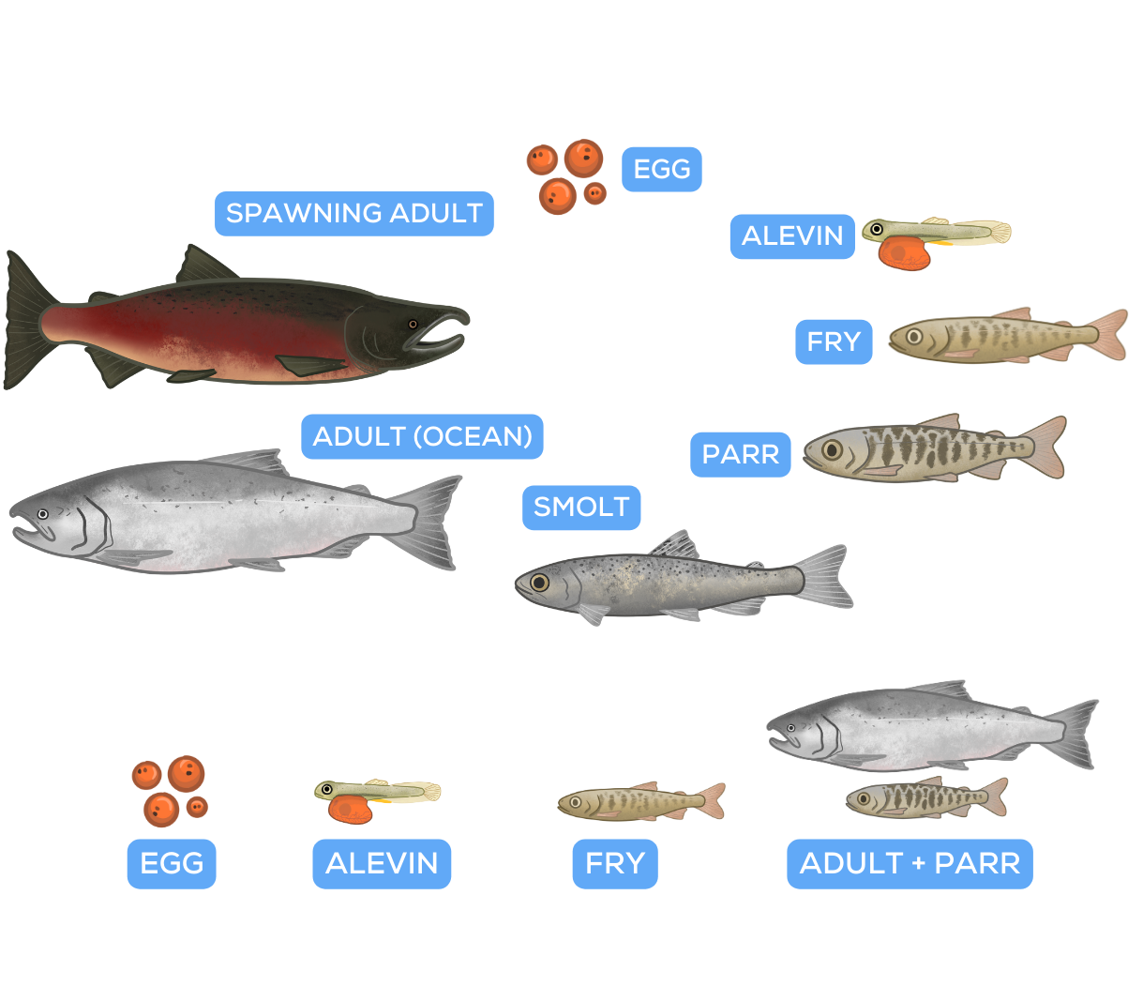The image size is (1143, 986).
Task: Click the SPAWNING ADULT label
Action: coord(354,214)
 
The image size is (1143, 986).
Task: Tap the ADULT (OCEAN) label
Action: coord(422,437)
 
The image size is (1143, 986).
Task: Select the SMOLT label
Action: coord(581,508)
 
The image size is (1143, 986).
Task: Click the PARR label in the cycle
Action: coord(740,455)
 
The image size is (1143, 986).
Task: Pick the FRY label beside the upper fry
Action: coord(833,342)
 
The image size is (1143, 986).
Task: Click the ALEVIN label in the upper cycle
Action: coord(792,235)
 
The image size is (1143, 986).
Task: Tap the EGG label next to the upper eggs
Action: coord(662,170)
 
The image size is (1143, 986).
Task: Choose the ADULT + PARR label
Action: coord(910,863)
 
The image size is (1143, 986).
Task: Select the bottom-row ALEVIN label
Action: coord(382,863)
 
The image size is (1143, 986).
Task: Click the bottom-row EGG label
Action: coord(172,863)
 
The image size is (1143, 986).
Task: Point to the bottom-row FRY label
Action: coord(615,863)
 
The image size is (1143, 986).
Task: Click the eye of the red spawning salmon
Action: coord(413,325)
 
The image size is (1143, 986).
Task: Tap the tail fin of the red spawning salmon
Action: coord(23,319)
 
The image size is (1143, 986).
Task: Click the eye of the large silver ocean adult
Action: coord(42,514)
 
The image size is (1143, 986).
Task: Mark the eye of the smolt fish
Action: coord(538,583)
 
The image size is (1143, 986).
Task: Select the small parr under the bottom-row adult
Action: coord(924,798)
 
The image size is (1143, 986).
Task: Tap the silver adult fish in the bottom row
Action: coord(928,724)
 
